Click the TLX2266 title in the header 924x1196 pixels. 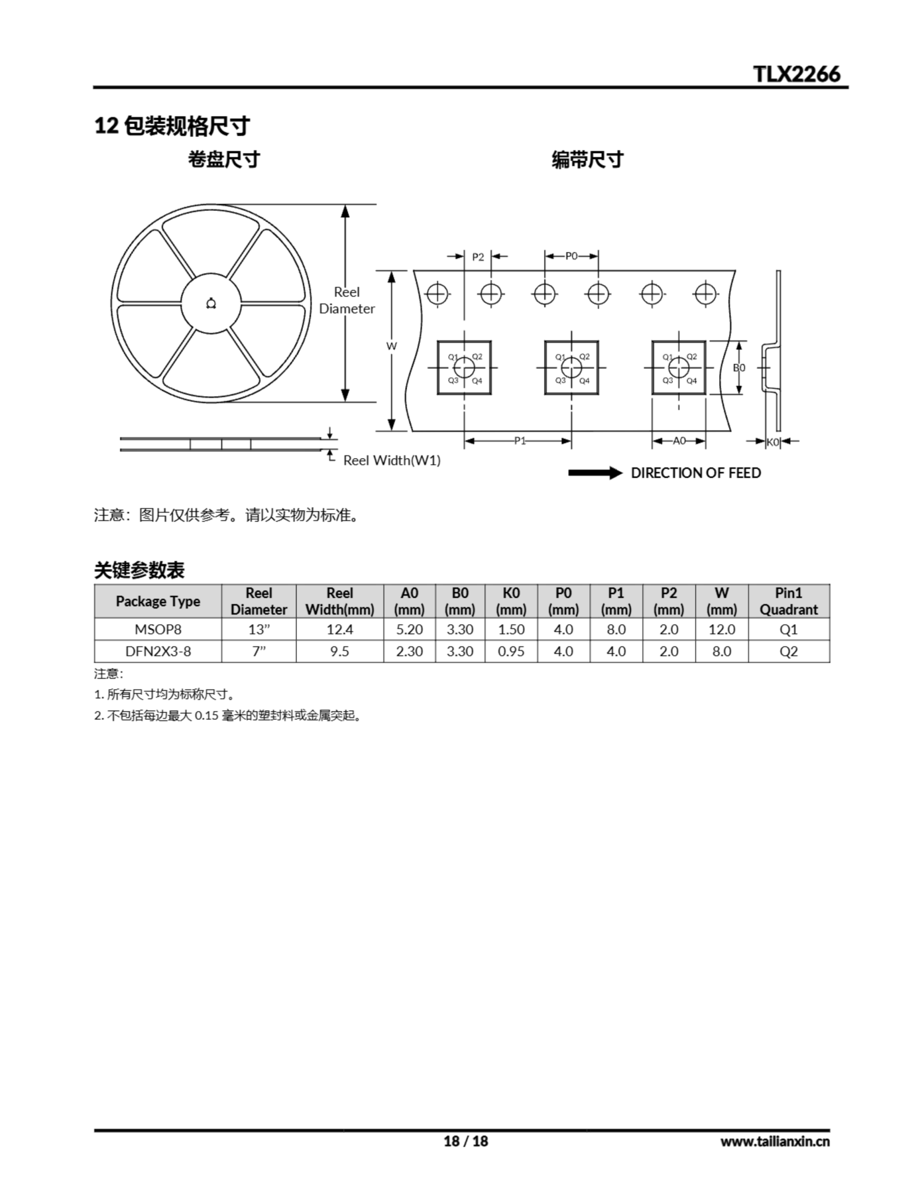(x=796, y=74)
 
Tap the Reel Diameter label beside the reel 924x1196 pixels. (x=347, y=300)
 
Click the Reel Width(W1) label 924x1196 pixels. (x=391, y=461)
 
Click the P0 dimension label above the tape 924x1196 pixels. (x=571, y=256)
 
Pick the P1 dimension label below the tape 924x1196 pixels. (x=520, y=441)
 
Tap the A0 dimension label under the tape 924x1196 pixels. (x=679, y=441)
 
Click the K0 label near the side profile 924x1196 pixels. (x=772, y=442)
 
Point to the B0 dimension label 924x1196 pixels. (x=739, y=368)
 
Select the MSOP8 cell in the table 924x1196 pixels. (x=158, y=630)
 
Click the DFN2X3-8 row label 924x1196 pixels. (x=158, y=652)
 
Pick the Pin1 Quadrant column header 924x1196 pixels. (x=789, y=601)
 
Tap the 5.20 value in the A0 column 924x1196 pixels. (x=410, y=630)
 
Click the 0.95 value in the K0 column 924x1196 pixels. (x=511, y=652)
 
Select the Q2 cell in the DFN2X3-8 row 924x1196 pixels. (x=789, y=652)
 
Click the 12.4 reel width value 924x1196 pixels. (x=340, y=630)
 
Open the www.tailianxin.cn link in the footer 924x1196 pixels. (x=775, y=1142)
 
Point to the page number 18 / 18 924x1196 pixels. (x=466, y=1142)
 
